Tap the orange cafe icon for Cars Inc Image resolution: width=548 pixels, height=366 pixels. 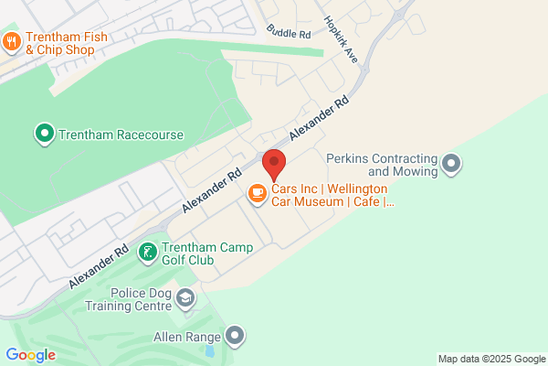[x=258, y=191]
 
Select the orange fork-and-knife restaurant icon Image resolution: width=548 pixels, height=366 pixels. [x=12, y=40]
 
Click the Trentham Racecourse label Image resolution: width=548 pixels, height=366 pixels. [x=121, y=135]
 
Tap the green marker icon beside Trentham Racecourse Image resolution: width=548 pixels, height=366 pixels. [x=43, y=135]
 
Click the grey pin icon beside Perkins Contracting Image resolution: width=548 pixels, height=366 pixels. [x=451, y=164]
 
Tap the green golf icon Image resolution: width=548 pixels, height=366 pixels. [x=147, y=251]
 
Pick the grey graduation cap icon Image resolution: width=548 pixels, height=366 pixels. [x=186, y=298]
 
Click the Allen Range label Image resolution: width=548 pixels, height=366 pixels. [x=186, y=337]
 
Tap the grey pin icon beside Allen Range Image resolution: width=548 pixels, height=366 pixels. [x=237, y=336]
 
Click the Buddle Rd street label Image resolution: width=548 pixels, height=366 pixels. [x=289, y=32]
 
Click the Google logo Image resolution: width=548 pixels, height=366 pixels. [x=30, y=355]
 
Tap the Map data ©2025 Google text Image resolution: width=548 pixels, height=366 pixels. [x=490, y=358]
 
